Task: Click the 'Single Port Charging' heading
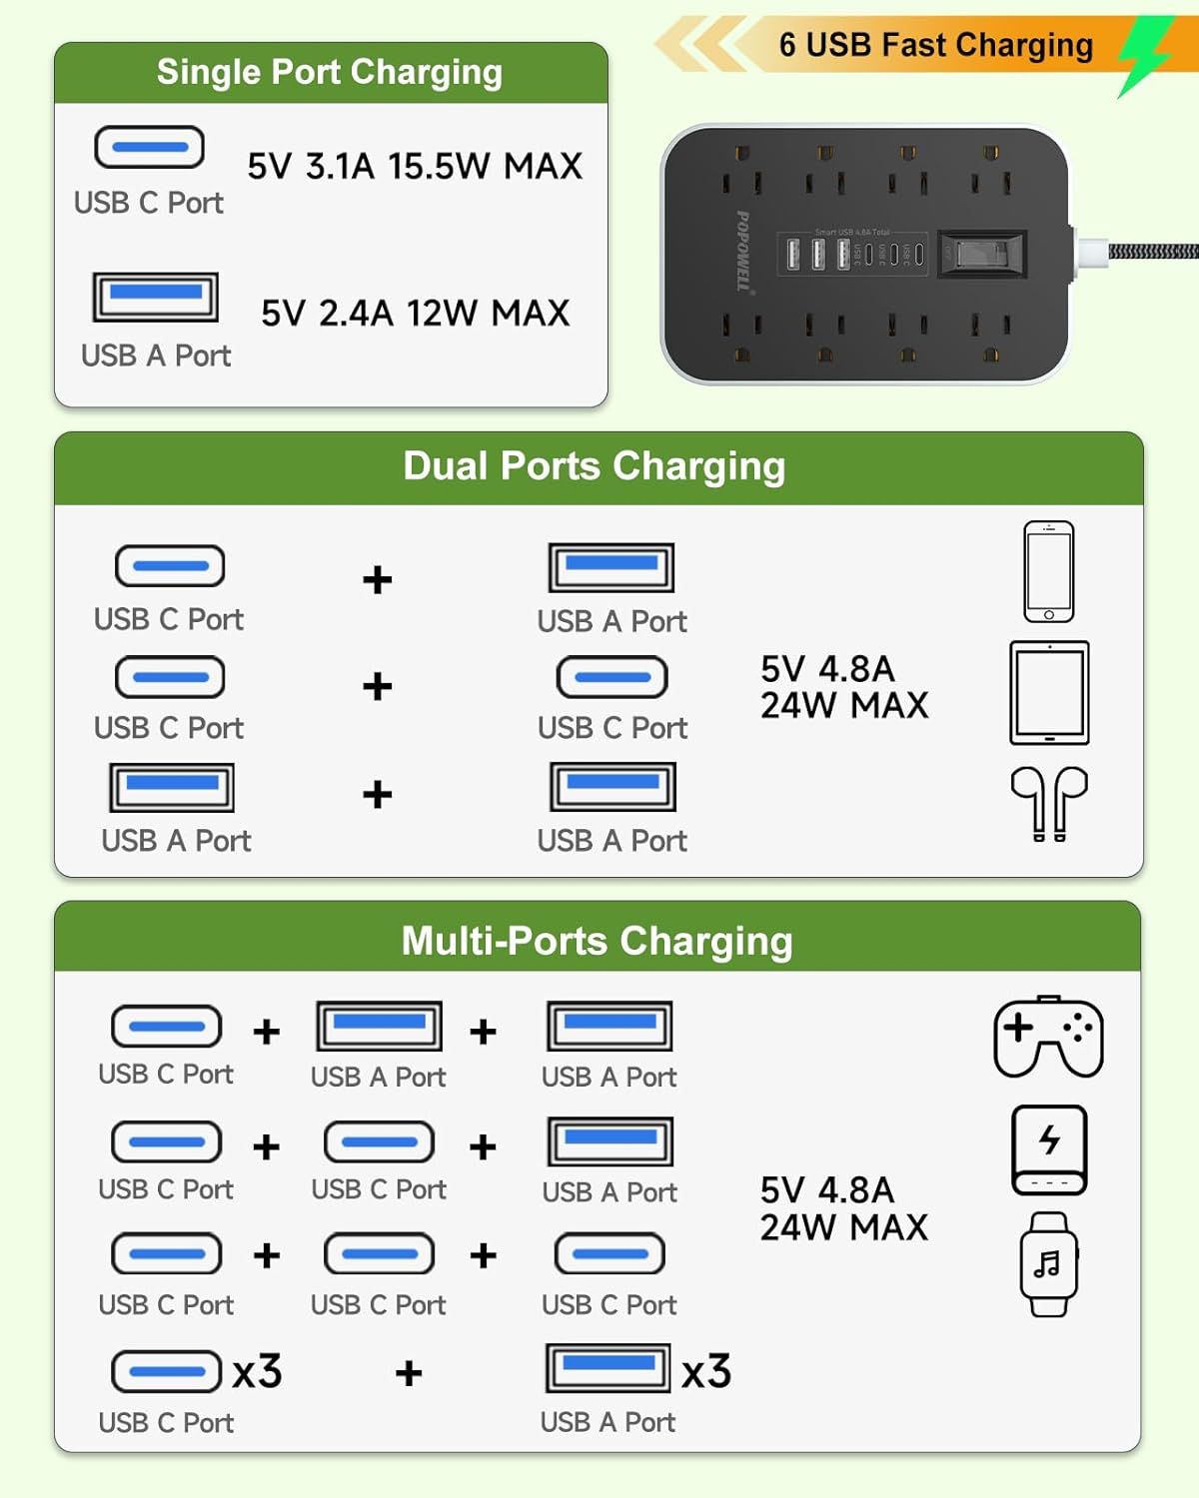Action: [330, 72]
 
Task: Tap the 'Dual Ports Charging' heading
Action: [595, 466]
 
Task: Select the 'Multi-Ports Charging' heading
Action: [597, 941]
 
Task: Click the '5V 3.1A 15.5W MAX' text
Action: [415, 166]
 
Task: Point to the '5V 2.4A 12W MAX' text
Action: [415, 314]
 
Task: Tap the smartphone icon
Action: [1049, 571]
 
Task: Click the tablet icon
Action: [1049, 693]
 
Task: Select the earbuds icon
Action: [1049, 803]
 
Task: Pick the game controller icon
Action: [1049, 1037]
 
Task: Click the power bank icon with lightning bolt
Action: [1049, 1149]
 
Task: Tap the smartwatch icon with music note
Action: [1048, 1264]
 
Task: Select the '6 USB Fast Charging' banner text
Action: [936, 45]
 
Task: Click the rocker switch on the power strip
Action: [983, 254]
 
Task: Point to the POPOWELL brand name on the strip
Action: [743, 251]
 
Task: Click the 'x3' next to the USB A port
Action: [706, 1372]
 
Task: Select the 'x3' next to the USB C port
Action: [257, 1372]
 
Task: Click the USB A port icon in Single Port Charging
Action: [156, 297]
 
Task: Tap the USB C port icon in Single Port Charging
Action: [150, 148]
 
